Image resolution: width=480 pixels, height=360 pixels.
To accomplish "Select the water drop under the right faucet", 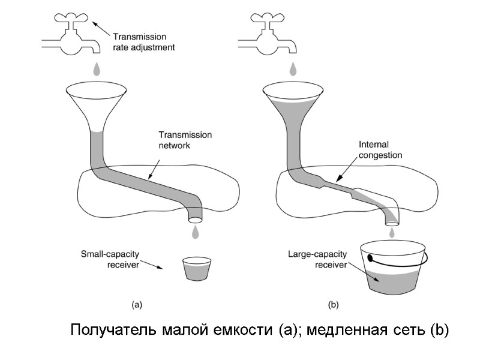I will coord(293,70).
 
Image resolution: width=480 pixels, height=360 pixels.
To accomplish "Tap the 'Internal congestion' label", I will coord(380,149).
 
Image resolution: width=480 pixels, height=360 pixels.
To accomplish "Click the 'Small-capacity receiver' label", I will coord(110,259).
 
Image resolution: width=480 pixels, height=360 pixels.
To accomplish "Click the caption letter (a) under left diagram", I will coord(137,305).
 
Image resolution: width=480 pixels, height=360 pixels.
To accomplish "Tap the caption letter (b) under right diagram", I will coord(334,305).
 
